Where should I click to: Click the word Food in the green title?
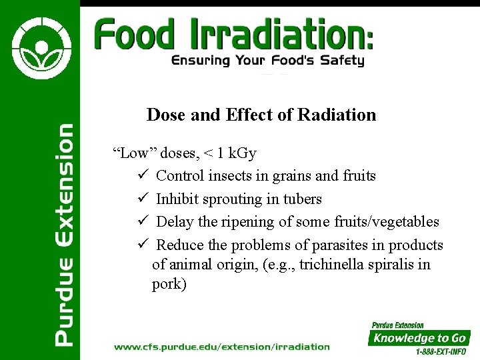click(133, 34)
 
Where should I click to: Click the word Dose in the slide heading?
click(166, 115)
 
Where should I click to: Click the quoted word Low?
click(134, 153)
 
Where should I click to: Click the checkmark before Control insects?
click(142, 176)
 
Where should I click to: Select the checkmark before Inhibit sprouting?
click(142, 199)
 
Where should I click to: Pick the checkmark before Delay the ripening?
click(142, 221)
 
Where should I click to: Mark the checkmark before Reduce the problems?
click(142, 245)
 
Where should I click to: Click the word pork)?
click(169, 284)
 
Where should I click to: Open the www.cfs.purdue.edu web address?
click(222, 347)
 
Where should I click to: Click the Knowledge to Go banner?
click(419, 338)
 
